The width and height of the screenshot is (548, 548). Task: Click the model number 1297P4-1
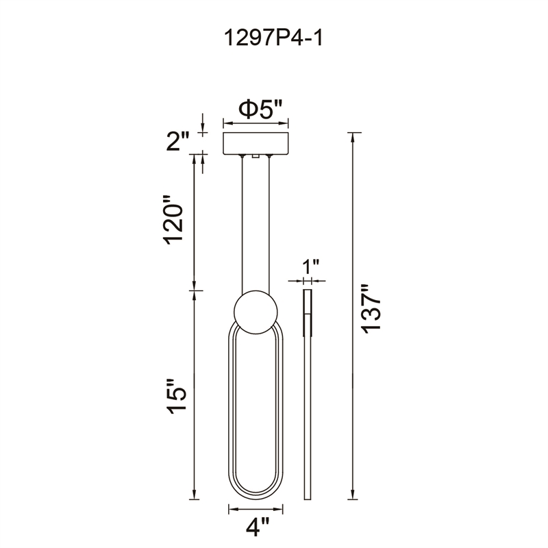(x=273, y=38)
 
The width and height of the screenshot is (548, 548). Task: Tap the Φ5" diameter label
(x=260, y=109)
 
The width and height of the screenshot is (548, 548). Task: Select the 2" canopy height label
(x=177, y=141)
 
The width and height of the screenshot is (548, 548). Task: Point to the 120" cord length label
(x=173, y=220)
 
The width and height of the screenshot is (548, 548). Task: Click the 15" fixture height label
(x=176, y=397)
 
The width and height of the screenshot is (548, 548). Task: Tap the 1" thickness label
(x=310, y=266)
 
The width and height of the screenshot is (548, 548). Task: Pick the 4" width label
(x=258, y=527)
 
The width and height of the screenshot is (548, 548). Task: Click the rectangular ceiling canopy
(x=256, y=144)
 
